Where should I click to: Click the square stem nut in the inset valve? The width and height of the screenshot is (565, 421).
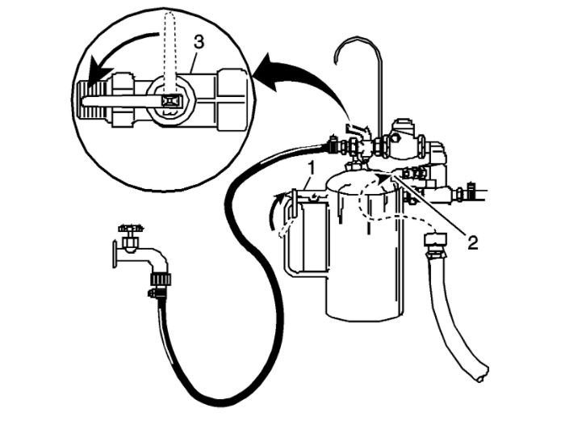169,100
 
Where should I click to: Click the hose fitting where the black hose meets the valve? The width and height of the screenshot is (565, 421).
331,147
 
